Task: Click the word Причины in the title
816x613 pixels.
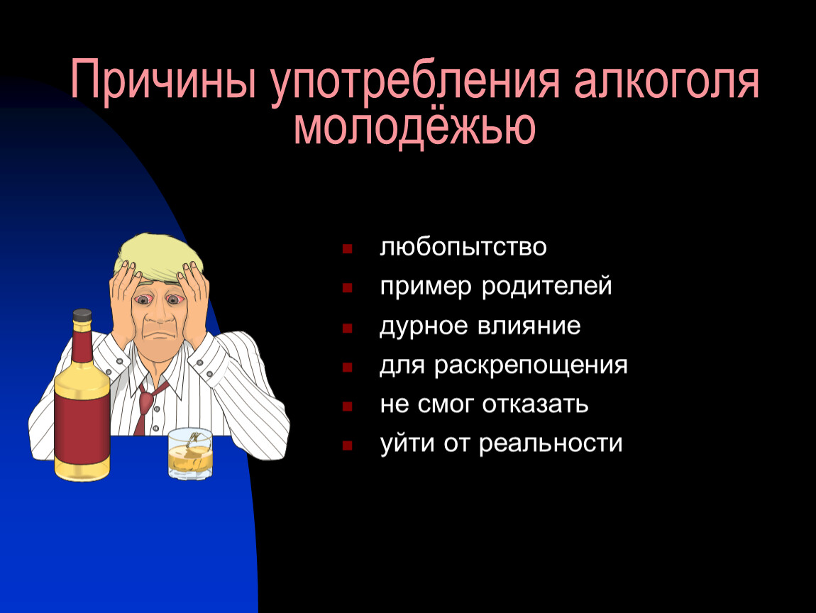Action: (163, 79)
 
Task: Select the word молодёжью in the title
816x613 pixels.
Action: (415, 127)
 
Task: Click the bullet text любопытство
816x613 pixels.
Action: (463, 247)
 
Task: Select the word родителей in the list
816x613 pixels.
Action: (546, 286)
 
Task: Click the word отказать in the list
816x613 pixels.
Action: (535, 404)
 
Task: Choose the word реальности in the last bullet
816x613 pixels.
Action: (551, 444)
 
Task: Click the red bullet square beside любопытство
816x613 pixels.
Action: (347, 249)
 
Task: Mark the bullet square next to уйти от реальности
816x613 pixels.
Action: (347, 446)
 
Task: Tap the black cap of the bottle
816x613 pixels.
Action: (82, 315)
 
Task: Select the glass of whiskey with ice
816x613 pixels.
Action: (190, 454)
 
